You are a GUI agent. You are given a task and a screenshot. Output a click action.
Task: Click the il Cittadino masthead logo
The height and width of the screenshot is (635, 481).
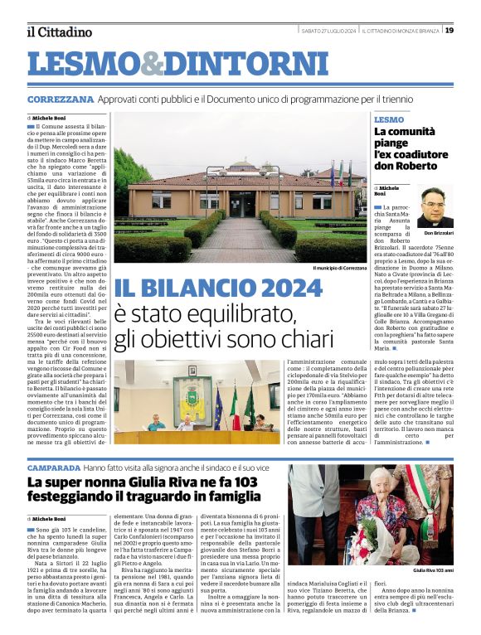(59, 32)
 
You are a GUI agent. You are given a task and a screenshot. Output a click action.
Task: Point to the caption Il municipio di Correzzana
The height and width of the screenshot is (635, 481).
(339, 269)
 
